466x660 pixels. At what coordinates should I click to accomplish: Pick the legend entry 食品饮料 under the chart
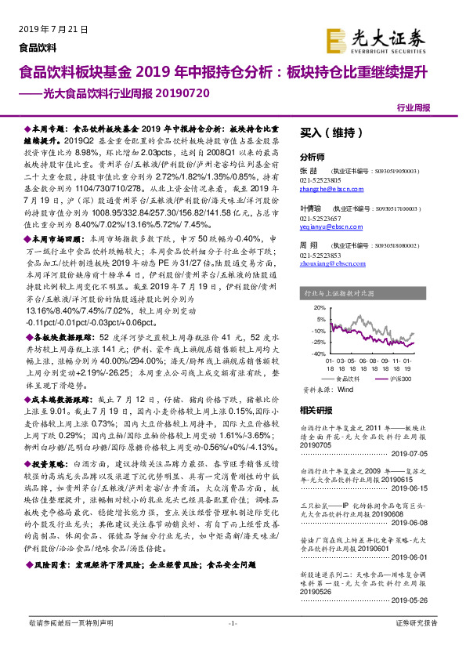pyautogui.click(x=345, y=377)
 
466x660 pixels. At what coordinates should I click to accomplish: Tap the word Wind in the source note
pyautogui.click(x=345, y=387)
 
